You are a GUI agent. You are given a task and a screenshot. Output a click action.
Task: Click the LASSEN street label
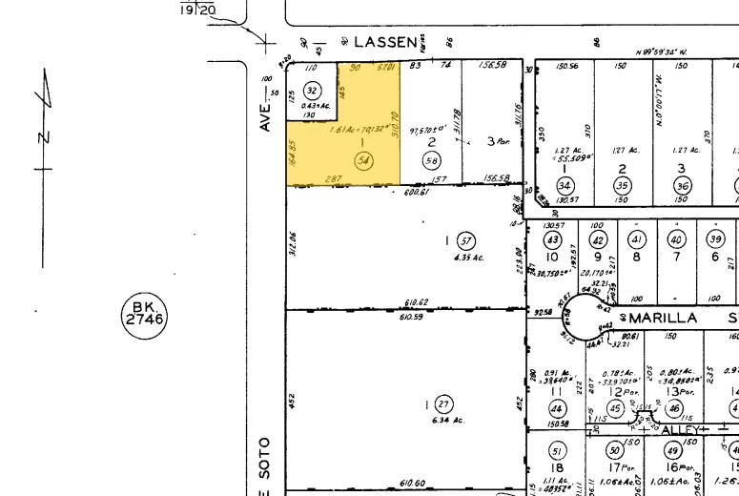click(386, 42)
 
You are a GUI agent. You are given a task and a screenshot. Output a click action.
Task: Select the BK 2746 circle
click(143, 314)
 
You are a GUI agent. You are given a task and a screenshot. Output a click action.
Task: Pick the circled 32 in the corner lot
click(311, 89)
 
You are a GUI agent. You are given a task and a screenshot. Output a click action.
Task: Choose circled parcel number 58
click(432, 160)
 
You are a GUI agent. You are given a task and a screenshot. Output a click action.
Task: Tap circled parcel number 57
click(465, 240)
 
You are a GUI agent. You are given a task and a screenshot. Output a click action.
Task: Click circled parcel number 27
click(442, 405)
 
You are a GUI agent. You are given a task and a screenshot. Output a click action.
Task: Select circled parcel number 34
click(565, 185)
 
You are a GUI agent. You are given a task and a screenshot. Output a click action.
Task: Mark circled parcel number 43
click(552, 240)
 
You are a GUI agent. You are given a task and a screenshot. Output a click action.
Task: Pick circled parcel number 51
click(558, 450)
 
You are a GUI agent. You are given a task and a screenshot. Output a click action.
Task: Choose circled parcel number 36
click(682, 185)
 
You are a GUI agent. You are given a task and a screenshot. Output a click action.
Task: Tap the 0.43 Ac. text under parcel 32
click(316, 105)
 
